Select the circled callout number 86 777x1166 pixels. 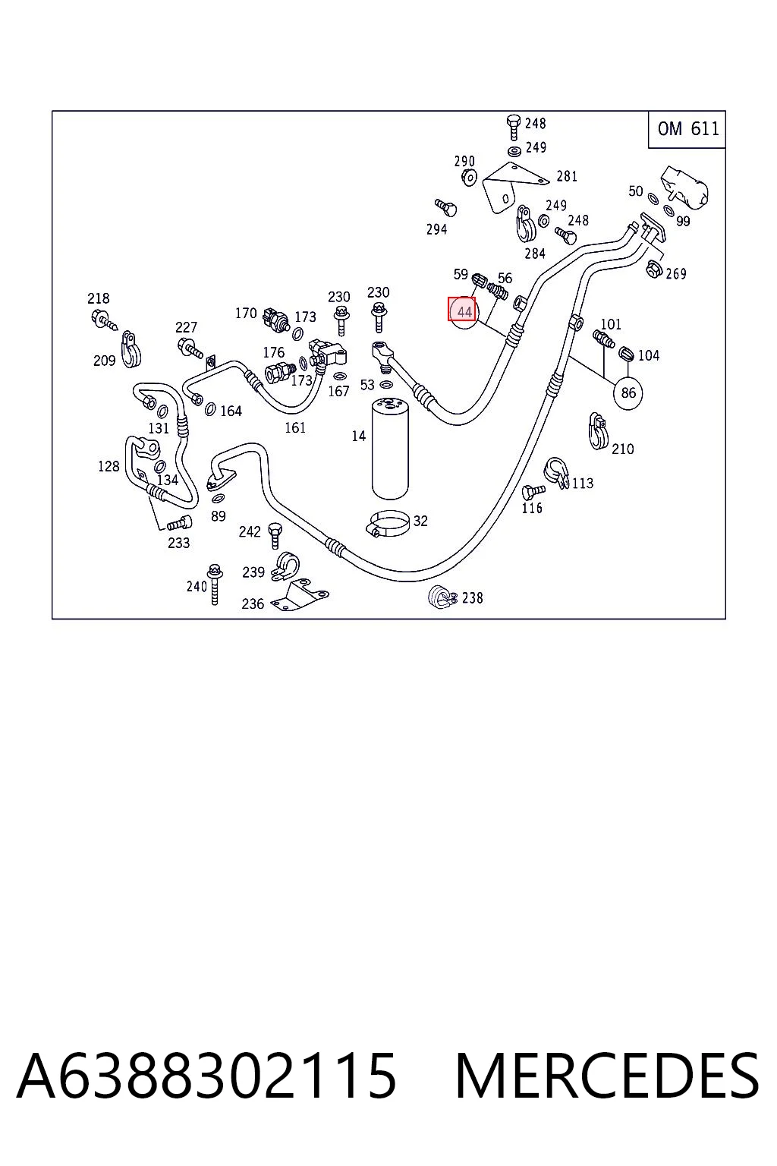pos(628,392)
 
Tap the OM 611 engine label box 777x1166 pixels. pos(687,129)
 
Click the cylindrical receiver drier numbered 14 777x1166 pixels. pos(390,448)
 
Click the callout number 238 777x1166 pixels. pos(472,597)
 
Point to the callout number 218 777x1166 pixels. pos(99,298)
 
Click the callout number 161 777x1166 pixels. pos(295,427)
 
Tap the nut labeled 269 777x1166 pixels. pos(653,269)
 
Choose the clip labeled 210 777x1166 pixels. pos(598,431)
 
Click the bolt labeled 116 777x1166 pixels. pos(533,491)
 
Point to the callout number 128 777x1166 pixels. pos(109,466)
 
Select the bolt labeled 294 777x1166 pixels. pos(446,208)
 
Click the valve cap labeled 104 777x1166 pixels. pos(626,354)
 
